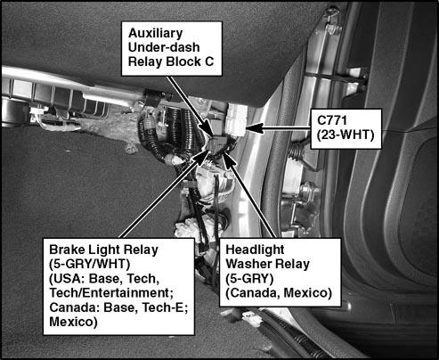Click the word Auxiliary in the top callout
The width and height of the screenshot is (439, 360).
point(155,33)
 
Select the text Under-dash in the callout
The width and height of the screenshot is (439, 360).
point(164,47)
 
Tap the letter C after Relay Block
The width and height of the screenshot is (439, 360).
point(209,61)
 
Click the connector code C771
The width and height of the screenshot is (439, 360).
point(332,120)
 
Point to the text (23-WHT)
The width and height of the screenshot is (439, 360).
point(346,135)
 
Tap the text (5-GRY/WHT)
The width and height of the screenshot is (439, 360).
point(89,264)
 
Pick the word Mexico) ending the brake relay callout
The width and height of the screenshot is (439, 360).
point(73,322)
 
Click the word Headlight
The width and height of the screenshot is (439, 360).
point(255,250)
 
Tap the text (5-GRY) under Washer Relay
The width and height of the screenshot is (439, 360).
point(249,279)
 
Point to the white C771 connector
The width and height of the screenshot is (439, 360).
point(236,121)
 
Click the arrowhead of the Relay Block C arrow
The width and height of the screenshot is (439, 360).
point(207,128)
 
